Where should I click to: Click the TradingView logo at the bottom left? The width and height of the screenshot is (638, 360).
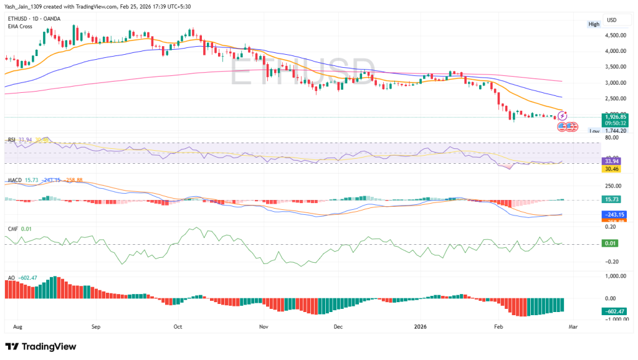pos(40,346)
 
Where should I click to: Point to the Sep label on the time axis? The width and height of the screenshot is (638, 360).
pos(95,325)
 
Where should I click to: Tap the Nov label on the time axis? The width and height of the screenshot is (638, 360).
pos(263,325)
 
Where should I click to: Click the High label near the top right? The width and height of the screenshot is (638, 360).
pos(594,24)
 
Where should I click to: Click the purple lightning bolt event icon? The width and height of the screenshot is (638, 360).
pos(561,116)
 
